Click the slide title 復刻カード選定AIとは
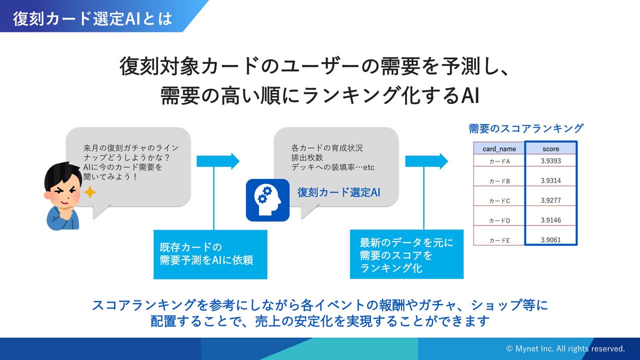point(93,18)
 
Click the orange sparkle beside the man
point(89,192)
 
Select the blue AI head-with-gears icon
point(267,200)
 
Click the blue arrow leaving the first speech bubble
point(218,161)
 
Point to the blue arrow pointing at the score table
point(426,161)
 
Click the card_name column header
point(499,148)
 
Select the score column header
point(550,148)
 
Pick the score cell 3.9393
point(550,161)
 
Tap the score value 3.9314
point(550,180)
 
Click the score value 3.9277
point(550,200)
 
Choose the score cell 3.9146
point(550,220)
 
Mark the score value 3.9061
point(550,240)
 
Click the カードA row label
point(499,161)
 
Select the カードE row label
point(499,240)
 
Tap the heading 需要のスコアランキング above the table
point(526,128)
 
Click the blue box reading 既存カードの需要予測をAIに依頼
point(210,254)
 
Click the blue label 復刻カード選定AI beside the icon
point(339,192)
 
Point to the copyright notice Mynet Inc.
point(565,348)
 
